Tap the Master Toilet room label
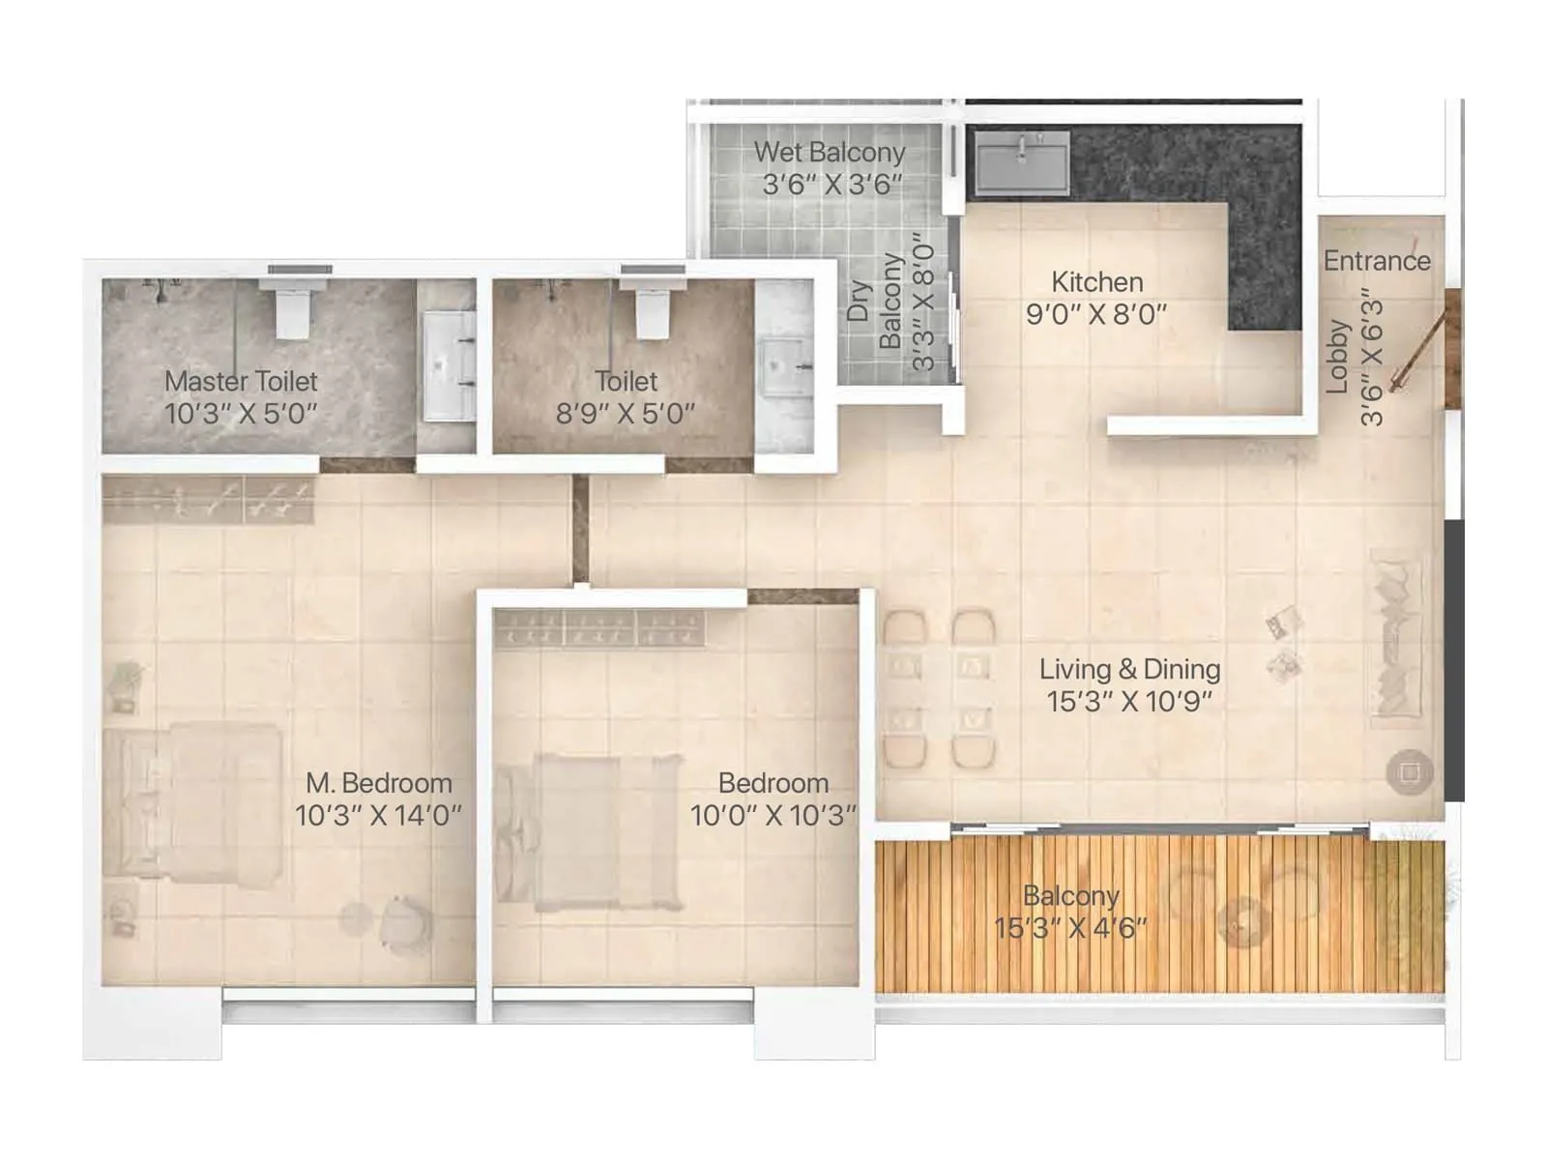(241, 382)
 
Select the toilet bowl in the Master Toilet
(291, 308)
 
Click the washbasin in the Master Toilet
(450, 364)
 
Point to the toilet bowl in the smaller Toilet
(653, 308)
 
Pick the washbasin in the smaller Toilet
(783, 366)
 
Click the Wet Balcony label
(829, 153)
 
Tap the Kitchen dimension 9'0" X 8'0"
(1096, 314)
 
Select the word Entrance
(1377, 261)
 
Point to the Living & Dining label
(1129, 669)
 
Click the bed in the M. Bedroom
(193, 801)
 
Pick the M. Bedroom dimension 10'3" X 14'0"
(378, 815)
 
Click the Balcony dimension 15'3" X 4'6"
(1070, 928)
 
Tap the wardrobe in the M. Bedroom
(209, 499)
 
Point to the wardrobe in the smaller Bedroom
(599, 627)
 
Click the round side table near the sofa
(1409, 772)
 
